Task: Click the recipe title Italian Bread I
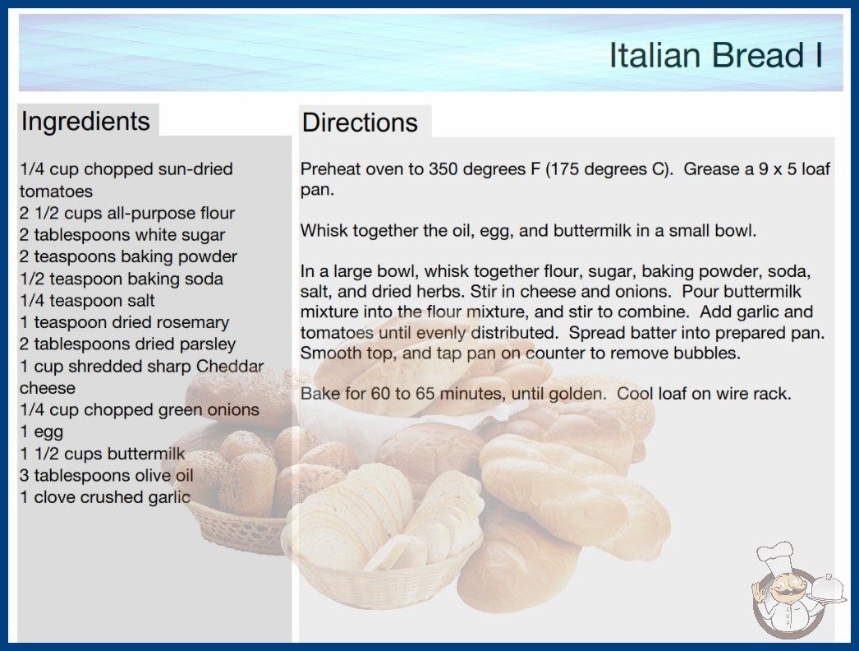coord(715,55)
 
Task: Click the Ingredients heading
coord(85,122)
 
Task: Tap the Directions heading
coord(360,122)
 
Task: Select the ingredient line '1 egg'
coord(42,432)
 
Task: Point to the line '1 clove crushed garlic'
coord(105,497)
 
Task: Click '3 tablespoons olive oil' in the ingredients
coord(106,475)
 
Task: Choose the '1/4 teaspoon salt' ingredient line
coord(87,301)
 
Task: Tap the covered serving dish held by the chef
coord(827,589)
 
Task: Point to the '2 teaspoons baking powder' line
coord(128,257)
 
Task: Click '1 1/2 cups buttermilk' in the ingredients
coord(103,454)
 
